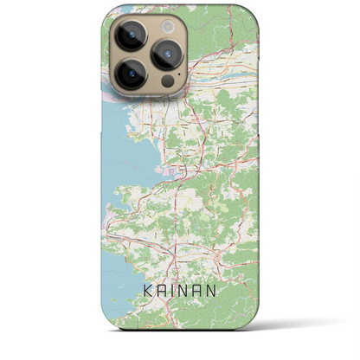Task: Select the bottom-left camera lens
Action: click(x=132, y=74)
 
